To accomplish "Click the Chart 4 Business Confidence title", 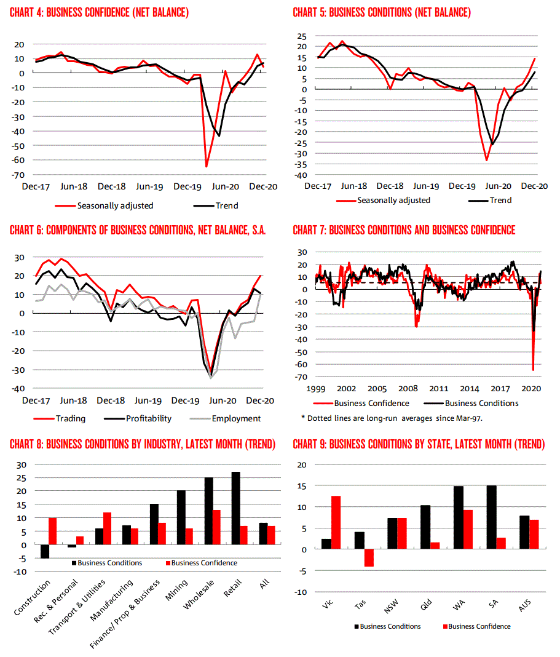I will [99, 13].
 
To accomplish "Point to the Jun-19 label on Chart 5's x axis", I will [427, 186].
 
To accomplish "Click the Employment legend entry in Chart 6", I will [236, 418].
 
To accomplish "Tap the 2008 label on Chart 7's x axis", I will [408, 389].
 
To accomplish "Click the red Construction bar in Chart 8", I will [52, 532].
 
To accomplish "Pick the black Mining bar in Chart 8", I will [181, 518].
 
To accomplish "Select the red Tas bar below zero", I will [369, 558].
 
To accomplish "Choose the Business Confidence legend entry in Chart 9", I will [479, 626].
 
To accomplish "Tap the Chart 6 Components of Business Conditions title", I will [138, 231].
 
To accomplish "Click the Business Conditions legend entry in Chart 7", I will [481, 404].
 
